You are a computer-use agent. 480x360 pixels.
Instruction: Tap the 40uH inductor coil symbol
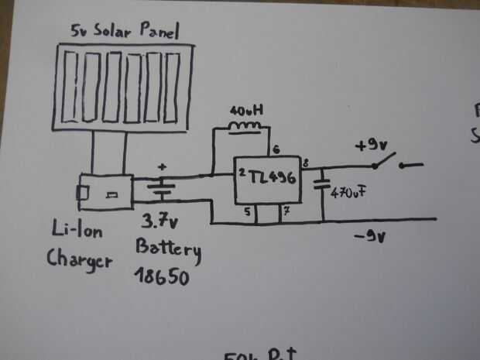(245, 126)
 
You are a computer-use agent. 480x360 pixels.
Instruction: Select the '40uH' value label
(246, 110)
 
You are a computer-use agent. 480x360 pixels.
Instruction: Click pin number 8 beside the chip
(307, 163)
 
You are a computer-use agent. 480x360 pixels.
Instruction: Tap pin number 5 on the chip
(248, 210)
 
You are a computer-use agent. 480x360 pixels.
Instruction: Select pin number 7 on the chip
(286, 210)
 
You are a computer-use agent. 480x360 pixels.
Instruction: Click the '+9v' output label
(369, 146)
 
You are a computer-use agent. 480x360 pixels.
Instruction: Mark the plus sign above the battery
(162, 166)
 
